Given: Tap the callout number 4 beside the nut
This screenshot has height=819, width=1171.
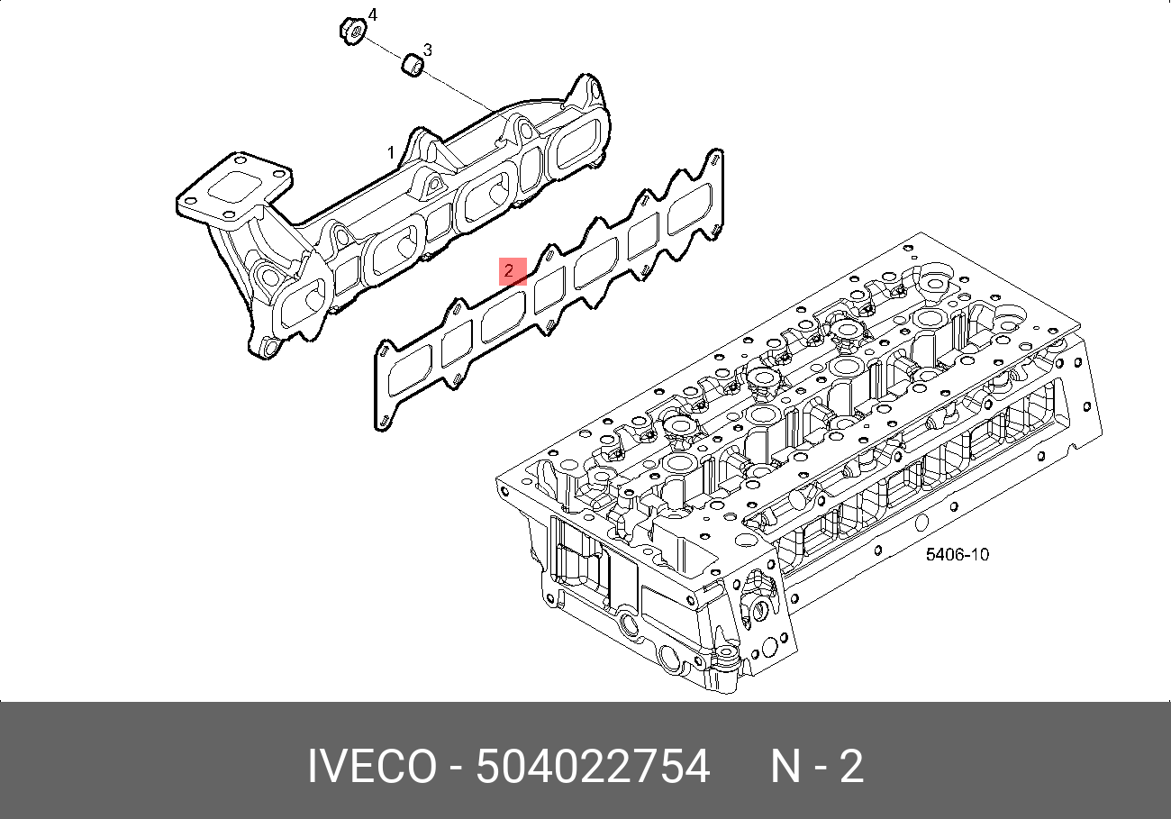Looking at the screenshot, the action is (x=373, y=15).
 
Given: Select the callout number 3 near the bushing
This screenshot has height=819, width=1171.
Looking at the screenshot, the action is (x=428, y=50).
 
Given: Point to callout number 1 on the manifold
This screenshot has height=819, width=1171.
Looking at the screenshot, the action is (x=391, y=152).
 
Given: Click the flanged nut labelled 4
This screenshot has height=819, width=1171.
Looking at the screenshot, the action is (x=352, y=31).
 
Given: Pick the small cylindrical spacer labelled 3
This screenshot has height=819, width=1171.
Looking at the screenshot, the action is (x=413, y=66).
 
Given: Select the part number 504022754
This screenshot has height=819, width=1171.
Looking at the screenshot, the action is (x=593, y=768).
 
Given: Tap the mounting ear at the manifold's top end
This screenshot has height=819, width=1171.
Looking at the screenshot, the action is (x=587, y=90).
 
